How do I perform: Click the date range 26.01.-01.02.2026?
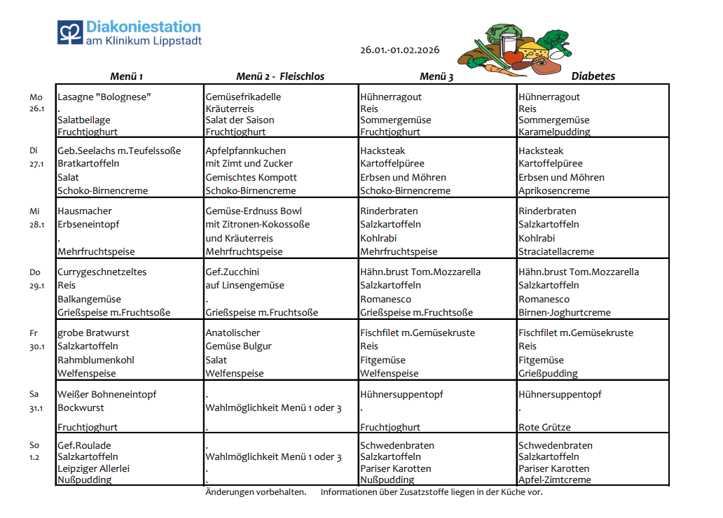(x=399, y=50)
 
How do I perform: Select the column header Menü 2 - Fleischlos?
(x=280, y=76)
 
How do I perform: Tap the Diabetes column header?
(x=593, y=76)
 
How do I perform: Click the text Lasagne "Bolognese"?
(x=104, y=97)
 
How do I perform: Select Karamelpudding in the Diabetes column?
(x=554, y=132)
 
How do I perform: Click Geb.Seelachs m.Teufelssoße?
(x=119, y=150)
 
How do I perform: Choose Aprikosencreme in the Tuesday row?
(x=554, y=190)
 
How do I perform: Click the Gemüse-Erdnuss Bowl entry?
(x=254, y=211)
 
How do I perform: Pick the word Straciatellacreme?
(x=556, y=251)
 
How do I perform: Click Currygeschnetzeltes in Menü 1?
(x=102, y=272)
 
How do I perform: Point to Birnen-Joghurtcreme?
(x=565, y=312)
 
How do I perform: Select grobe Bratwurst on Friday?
(x=93, y=332)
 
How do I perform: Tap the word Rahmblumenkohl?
(x=95, y=360)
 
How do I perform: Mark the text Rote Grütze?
(x=544, y=427)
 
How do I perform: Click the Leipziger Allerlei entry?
(x=94, y=468)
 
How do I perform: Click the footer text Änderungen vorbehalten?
(x=255, y=492)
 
